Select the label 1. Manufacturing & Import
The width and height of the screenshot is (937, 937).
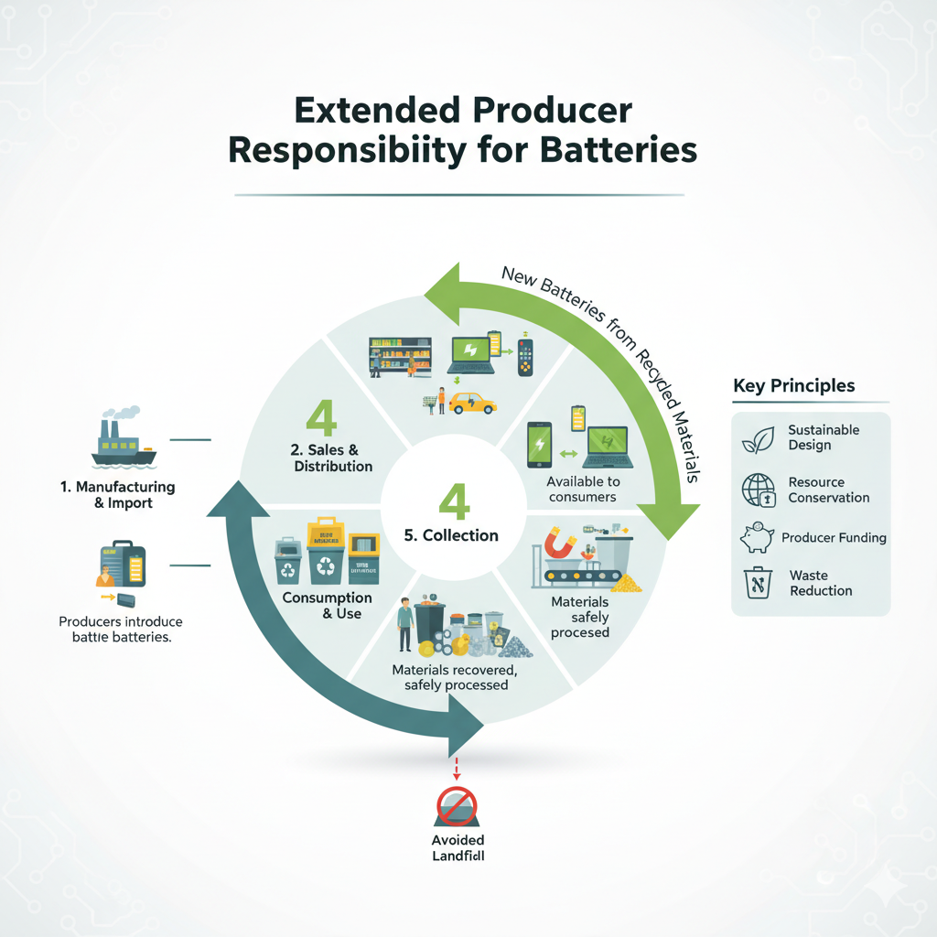[x=117, y=495]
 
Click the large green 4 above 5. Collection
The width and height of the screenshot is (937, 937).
[x=453, y=501]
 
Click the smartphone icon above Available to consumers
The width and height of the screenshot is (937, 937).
[x=538, y=446]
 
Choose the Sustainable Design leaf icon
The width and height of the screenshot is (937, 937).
[x=758, y=438]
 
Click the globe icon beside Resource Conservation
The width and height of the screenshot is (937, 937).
[x=758, y=490]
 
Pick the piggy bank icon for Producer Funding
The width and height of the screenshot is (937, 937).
[x=758, y=538]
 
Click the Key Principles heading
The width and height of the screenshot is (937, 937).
[x=793, y=385]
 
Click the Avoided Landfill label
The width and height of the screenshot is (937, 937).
[x=457, y=848]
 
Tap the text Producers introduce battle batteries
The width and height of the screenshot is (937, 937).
[x=115, y=630]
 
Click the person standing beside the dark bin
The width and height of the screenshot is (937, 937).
[x=404, y=626]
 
